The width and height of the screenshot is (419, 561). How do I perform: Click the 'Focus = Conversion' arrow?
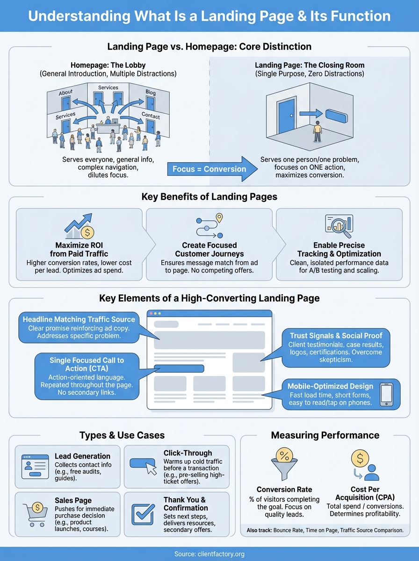point(210,169)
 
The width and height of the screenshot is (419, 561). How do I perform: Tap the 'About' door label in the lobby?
point(66,93)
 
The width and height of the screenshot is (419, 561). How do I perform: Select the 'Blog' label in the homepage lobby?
point(150,93)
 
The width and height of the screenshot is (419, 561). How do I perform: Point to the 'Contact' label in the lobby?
point(151,116)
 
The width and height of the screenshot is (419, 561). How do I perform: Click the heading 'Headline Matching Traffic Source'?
point(79,319)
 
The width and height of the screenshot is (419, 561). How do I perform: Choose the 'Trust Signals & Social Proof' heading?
point(336,336)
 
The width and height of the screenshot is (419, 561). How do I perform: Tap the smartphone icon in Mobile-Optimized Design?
point(386,394)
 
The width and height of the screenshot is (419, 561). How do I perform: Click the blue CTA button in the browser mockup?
point(179,368)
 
